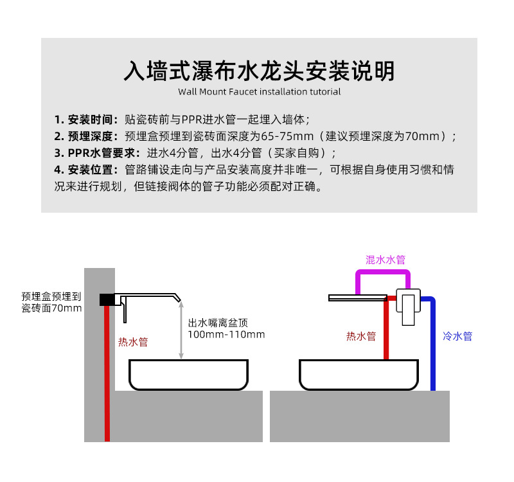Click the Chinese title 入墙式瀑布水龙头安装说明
(x=259, y=70)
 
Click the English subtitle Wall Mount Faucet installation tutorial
(x=259, y=91)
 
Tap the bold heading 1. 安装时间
(x=85, y=120)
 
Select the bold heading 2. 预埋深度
(x=85, y=136)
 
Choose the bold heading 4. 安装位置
(x=85, y=170)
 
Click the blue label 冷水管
(x=457, y=336)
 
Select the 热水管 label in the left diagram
(x=133, y=342)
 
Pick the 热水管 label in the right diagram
(x=361, y=336)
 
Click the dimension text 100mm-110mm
(x=226, y=335)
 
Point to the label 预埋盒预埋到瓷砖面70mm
(x=51, y=302)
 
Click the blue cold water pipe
(x=434, y=347)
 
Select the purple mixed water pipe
(x=384, y=272)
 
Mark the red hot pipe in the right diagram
(x=386, y=334)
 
